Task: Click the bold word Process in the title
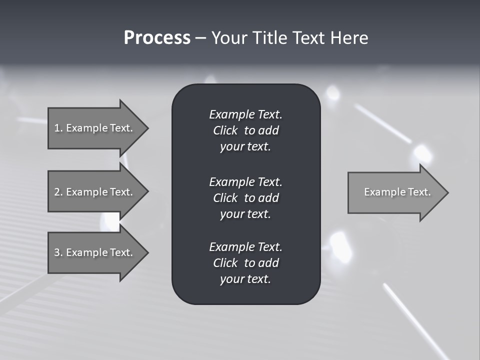tap(157, 38)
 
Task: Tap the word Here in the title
tap(349, 38)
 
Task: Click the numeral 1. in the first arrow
tap(58, 128)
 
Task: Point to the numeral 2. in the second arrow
tap(58, 192)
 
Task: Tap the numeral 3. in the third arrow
tap(58, 252)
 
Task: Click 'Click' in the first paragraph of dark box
tap(225, 130)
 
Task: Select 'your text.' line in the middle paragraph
tap(245, 214)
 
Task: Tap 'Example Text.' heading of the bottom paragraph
tap(245, 246)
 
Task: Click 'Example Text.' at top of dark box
tap(245, 114)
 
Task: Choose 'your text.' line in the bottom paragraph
tap(245, 279)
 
